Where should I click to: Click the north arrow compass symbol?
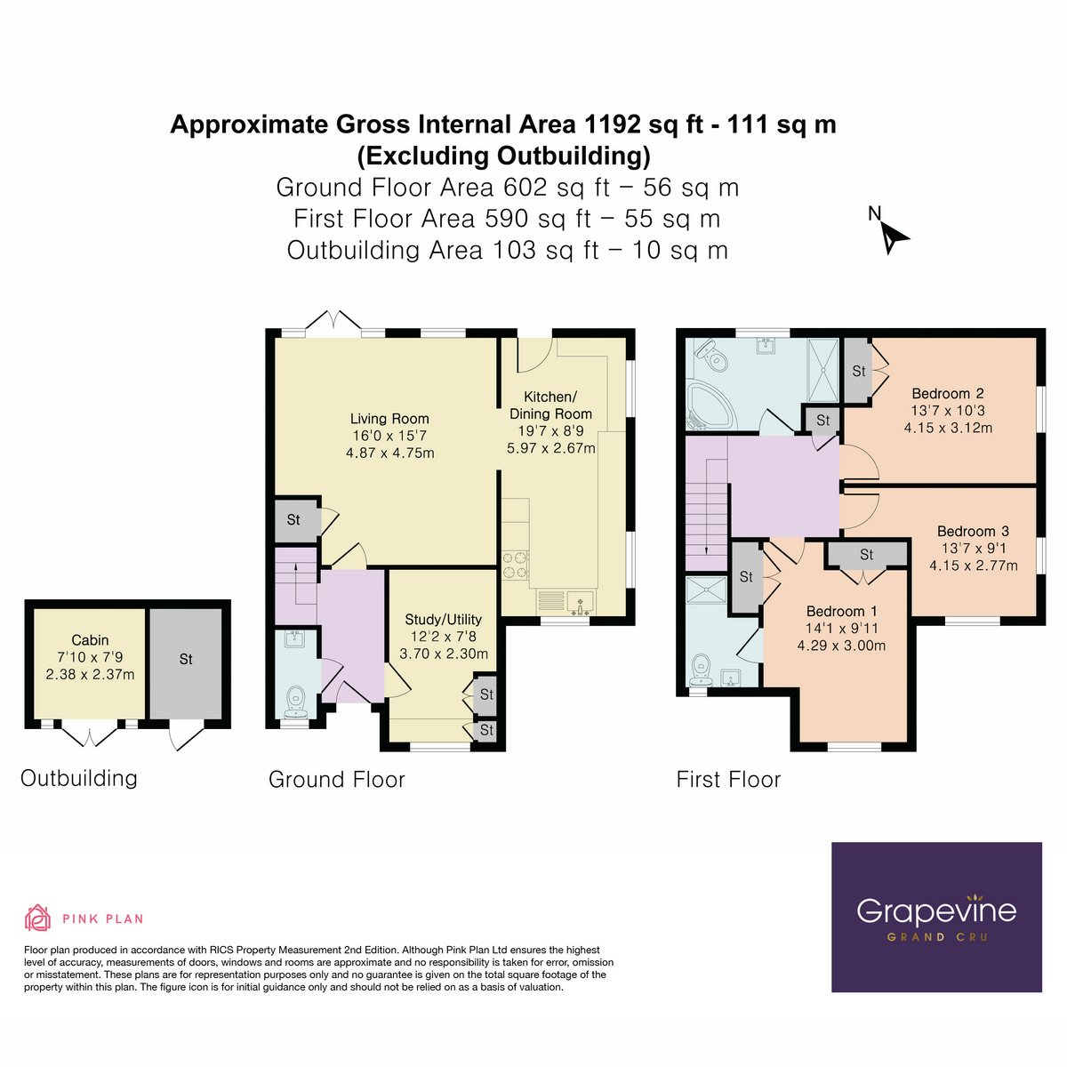893,237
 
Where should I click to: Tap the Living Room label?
389,419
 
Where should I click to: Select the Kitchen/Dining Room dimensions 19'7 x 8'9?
550,431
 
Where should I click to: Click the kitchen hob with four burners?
515,566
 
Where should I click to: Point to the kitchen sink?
580,602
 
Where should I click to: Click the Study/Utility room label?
443,620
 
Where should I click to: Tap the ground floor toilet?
296,702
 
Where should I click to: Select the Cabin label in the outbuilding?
90,640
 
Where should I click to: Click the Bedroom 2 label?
947,394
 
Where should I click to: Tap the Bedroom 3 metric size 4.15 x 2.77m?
973,566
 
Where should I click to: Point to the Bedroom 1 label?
841,612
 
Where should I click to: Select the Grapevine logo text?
935,911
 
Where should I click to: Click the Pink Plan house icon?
37,918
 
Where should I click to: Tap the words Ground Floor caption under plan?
336,780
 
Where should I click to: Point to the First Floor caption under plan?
728,780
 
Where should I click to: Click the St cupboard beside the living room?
295,520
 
